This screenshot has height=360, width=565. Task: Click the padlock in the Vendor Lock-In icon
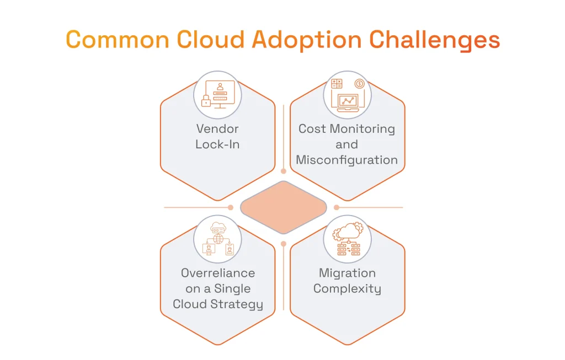click(206, 100)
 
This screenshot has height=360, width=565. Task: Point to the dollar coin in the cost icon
click(360, 84)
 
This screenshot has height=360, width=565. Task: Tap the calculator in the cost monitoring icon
click(337, 84)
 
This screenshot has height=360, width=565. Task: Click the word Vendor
click(217, 128)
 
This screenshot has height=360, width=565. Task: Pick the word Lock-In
click(217, 144)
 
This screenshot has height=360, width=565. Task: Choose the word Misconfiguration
click(347, 160)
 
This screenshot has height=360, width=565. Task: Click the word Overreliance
click(217, 273)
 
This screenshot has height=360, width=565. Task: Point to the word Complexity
click(347, 289)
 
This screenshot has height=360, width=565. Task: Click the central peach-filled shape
click(284, 207)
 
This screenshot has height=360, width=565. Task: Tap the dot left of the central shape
click(231, 207)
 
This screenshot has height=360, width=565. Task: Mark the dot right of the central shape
click(337, 207)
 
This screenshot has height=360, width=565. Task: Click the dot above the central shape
click(284, 171)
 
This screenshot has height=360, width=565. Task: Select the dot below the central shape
click(284, 243)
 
